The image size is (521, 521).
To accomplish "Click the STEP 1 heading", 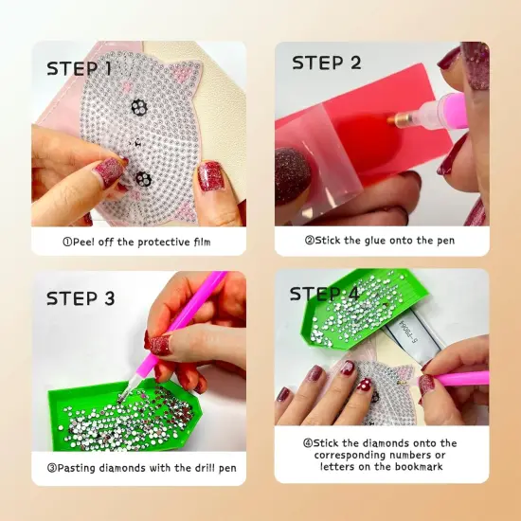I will tap(92, 68).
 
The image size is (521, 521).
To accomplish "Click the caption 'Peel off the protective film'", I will tap(136, 242).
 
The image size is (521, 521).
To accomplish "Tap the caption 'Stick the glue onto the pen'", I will tap(379, 241).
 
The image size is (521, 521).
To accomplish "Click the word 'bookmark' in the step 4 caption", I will tap(416, 467).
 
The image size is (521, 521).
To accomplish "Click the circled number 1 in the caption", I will tap(68, 242).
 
